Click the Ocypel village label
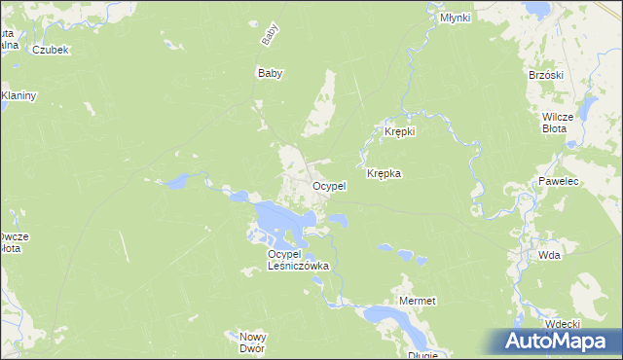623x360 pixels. tap(329, 186)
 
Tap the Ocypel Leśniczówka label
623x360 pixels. tap(299, 259)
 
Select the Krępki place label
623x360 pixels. tap(400, 131)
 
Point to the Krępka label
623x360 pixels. tap(385, 174)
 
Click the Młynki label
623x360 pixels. tap(455, 18)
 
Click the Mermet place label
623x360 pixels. tap(418, 302)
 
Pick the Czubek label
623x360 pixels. tap(50, 50)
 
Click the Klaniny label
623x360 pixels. tap(18, 95)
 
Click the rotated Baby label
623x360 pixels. tap(269, 36)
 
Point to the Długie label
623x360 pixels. tap(423, 355)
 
